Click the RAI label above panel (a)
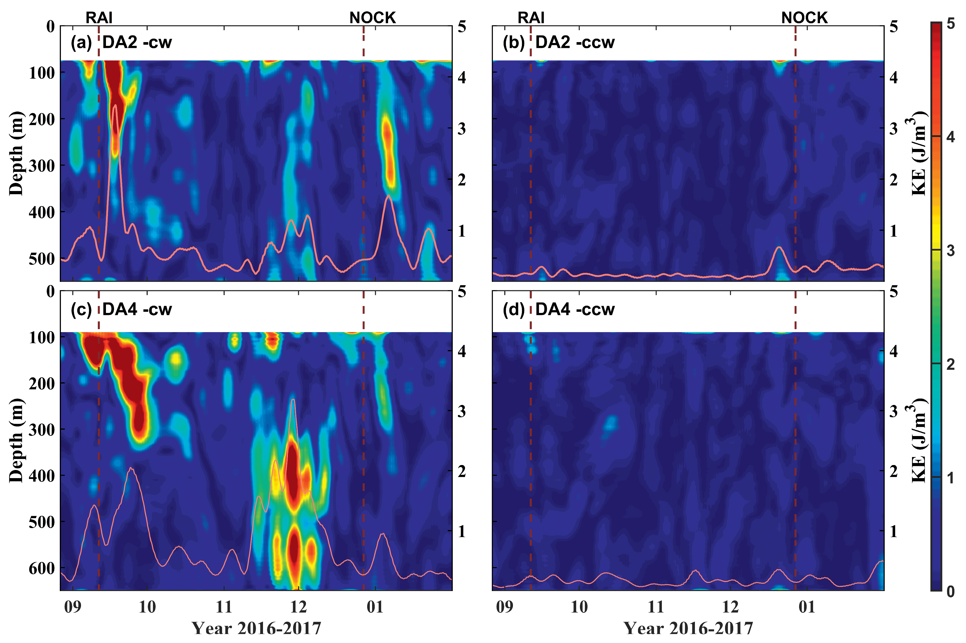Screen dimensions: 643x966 [x=99, y=18]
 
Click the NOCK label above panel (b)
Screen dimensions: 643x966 [x=804, y=18]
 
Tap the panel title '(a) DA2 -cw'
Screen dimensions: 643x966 [x=121, y=42]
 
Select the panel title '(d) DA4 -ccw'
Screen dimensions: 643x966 [x=558, y=309]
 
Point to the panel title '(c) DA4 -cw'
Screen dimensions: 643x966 [x=121, y=309]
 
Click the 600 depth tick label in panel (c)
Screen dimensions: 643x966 [x=42, y=568]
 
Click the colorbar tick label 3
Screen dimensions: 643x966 [x=950, y=251]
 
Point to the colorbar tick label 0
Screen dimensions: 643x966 [x=950, y=591]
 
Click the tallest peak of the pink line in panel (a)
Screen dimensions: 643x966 [x=115, y=105]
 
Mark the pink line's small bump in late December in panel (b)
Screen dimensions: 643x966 [x=779, y=247]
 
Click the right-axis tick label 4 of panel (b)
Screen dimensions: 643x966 [x=893, y=77]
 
